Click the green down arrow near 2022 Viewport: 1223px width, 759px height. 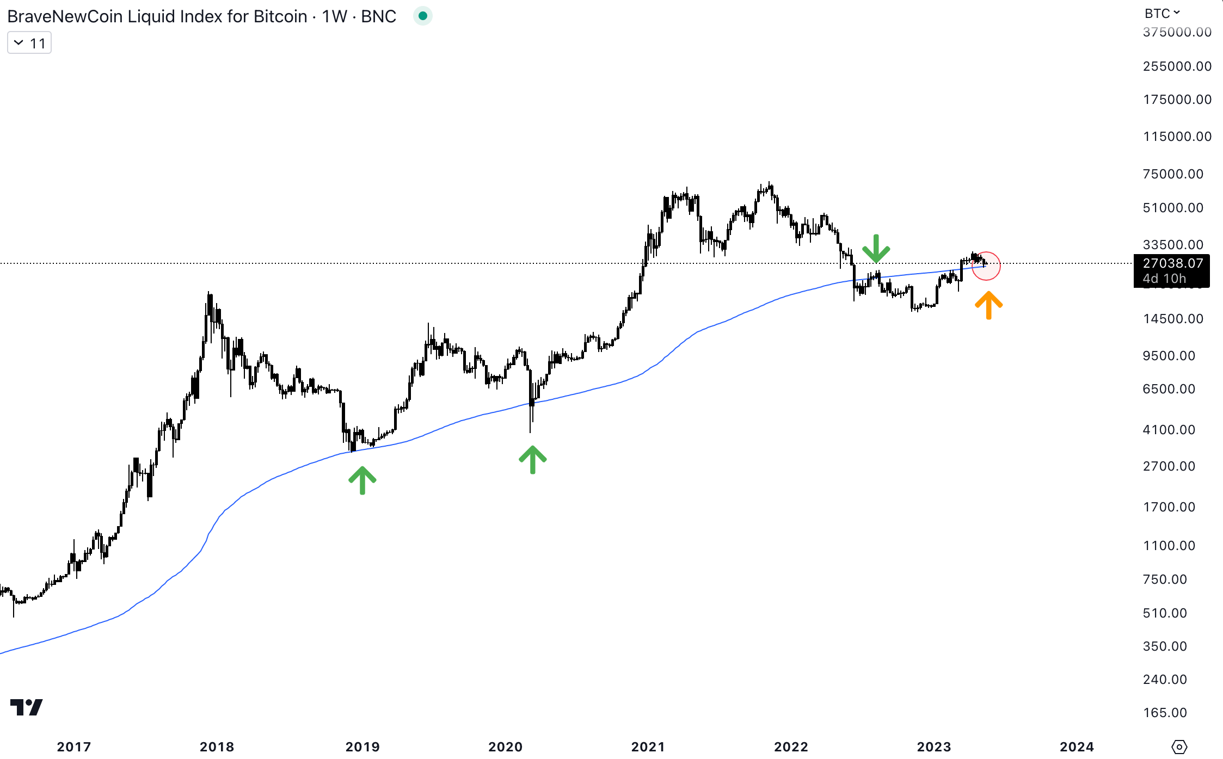[876, 249]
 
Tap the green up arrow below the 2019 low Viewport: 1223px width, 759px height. [362, 480]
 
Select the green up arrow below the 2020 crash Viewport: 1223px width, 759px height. [532, 459]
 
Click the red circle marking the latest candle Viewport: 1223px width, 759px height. [986, 266]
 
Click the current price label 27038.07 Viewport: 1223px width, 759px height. [1172, 263]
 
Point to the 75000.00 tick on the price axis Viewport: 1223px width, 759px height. [1173, 174]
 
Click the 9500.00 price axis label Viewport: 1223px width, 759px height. [1169, 356]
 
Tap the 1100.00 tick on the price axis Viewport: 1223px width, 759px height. [1169, 546]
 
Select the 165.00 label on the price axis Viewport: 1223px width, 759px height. [1165, 713]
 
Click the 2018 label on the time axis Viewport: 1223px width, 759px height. [217, 746]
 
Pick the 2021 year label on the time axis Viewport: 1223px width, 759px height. [648, 746]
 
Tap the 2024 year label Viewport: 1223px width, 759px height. [1077, 746]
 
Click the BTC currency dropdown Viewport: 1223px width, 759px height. [1161, 13]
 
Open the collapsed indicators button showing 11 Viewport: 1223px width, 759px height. [29, 43]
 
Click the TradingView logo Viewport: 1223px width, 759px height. [26, 707]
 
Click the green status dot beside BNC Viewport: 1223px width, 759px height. [423, 16]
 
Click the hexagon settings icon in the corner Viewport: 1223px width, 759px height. [1179, 746]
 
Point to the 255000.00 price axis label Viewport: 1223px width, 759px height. [1177, 66]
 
